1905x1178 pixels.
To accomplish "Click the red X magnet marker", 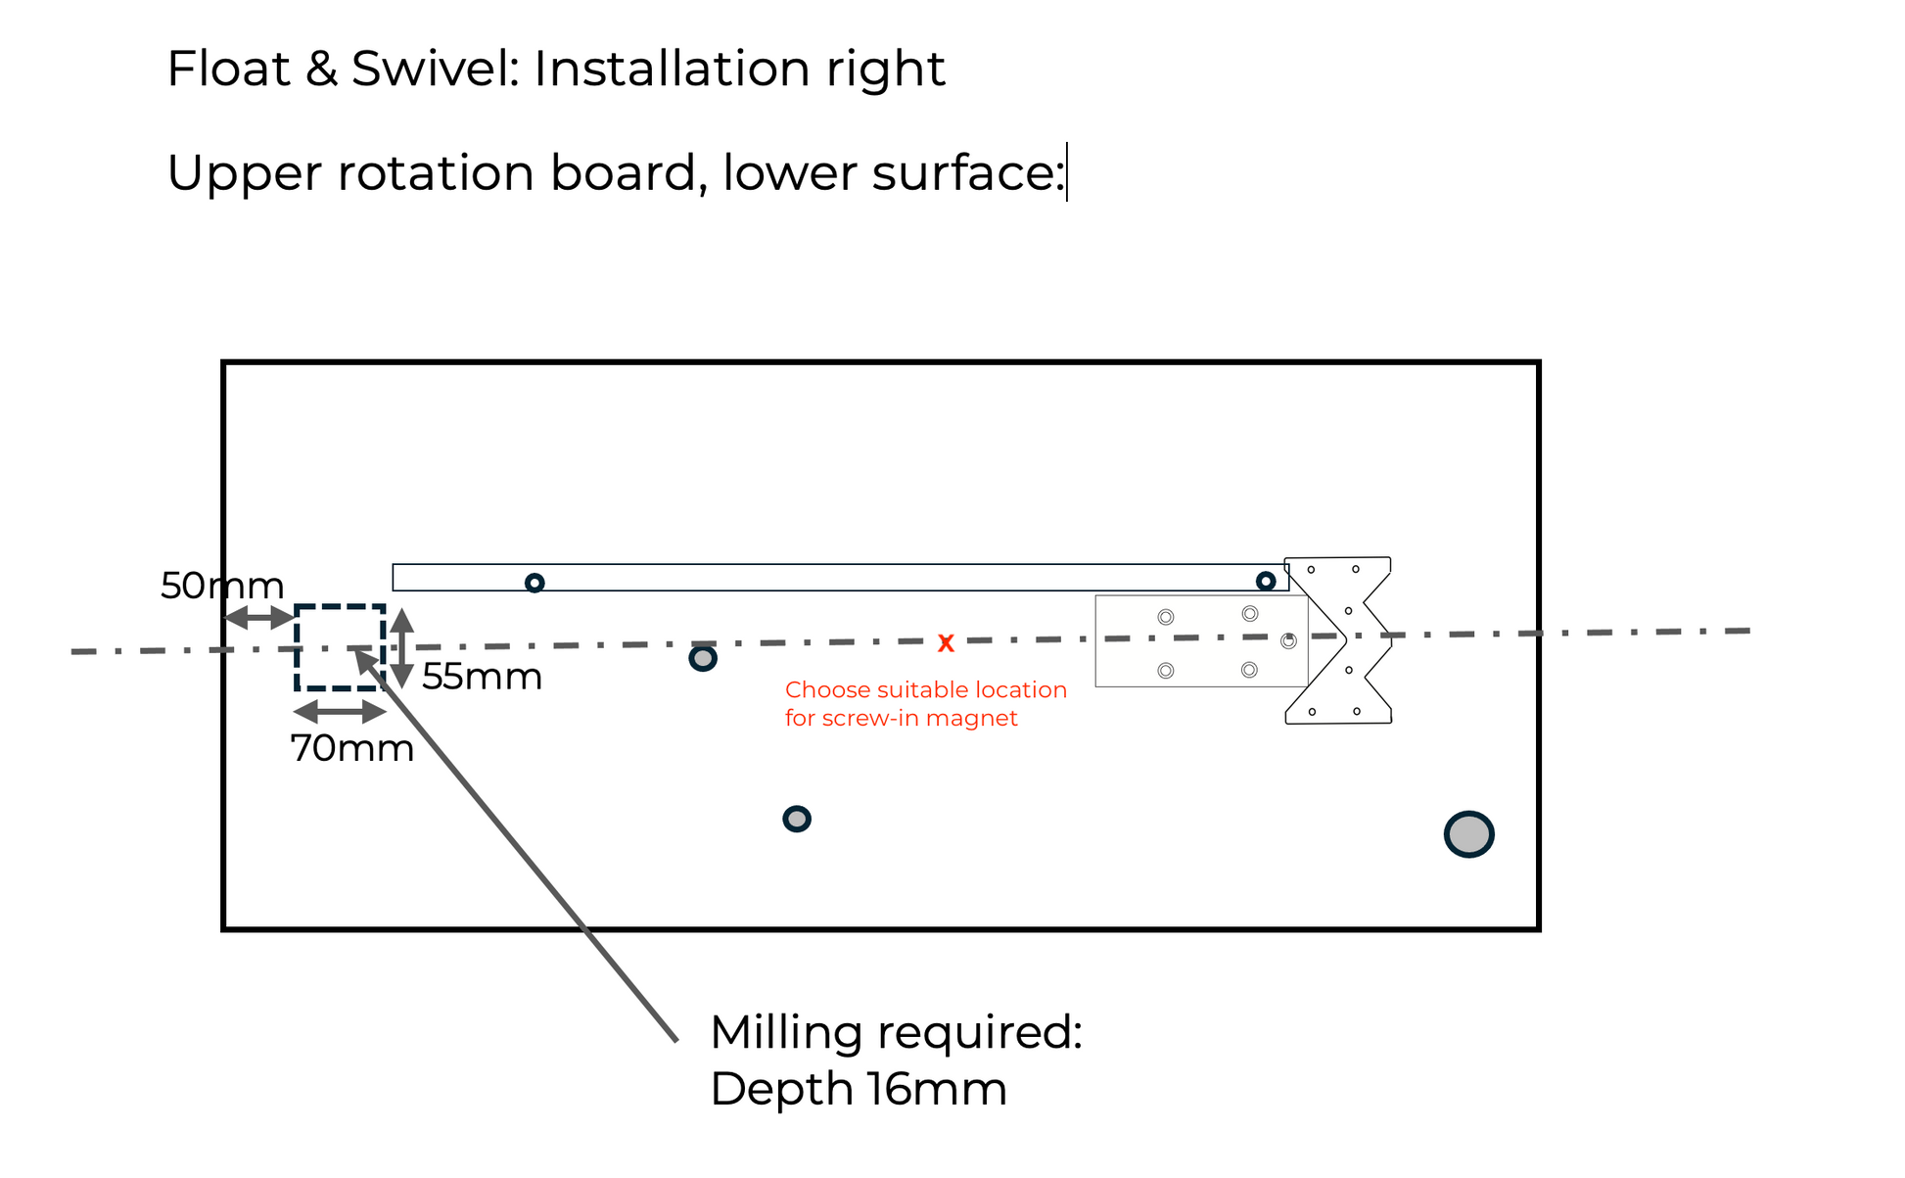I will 946,643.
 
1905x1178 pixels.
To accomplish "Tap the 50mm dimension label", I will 222,586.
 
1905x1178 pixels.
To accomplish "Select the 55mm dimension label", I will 482,677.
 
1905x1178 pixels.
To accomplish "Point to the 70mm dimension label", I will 352,748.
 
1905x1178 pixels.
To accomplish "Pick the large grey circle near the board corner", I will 1468,834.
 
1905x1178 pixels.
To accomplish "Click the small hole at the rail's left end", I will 534,583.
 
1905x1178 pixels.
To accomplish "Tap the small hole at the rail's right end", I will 1266,581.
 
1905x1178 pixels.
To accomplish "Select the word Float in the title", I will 229,69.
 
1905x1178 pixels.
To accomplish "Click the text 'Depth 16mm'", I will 859,1089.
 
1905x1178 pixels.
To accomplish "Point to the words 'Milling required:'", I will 896,1032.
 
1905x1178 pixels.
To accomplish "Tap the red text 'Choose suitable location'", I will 925,689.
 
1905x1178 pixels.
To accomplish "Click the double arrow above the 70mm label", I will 340,712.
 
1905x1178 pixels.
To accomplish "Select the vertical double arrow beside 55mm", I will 402,647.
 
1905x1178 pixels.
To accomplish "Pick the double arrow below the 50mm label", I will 258,618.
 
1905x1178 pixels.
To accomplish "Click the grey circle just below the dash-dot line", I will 703,658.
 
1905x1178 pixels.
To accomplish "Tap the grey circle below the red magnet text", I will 797,819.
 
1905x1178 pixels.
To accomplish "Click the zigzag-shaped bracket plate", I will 1339,640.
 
